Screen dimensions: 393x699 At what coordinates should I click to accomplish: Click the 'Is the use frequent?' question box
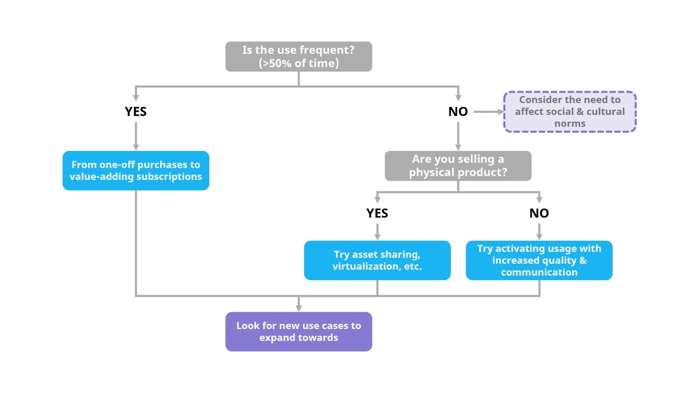click(299, 56)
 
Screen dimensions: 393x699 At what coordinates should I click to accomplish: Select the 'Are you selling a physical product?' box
click(458, 166)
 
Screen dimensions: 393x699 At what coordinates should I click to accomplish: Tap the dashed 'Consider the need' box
click(570, 111)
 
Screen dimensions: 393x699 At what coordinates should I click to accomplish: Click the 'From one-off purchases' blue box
click(136, 170)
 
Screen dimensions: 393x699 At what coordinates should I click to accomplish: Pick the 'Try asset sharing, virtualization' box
click(377, 260)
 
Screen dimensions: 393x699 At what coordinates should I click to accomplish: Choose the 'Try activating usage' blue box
click(539, 260)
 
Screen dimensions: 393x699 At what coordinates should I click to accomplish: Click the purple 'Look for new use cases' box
click(299, 332)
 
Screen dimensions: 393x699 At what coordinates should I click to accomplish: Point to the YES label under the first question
click(136, 112)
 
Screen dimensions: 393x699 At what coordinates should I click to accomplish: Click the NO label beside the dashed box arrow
click(458, 112)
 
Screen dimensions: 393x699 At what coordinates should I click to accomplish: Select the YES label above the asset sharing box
click(377, 213)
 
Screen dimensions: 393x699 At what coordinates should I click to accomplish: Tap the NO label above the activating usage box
click(539, 213)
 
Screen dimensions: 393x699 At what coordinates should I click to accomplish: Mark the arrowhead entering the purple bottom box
click(299, 308)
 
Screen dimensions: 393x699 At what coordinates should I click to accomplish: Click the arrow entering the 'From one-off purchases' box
click(136, 146)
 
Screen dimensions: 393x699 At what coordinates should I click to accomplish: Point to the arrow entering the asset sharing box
click(377, 235)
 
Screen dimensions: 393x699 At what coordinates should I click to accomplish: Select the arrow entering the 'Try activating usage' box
click(539, 235)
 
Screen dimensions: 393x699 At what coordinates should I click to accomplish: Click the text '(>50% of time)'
click(299, 63)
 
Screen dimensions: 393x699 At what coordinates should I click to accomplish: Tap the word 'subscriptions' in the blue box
click(171, 177)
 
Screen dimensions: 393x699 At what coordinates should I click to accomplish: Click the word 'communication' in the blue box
click(539, 273)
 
